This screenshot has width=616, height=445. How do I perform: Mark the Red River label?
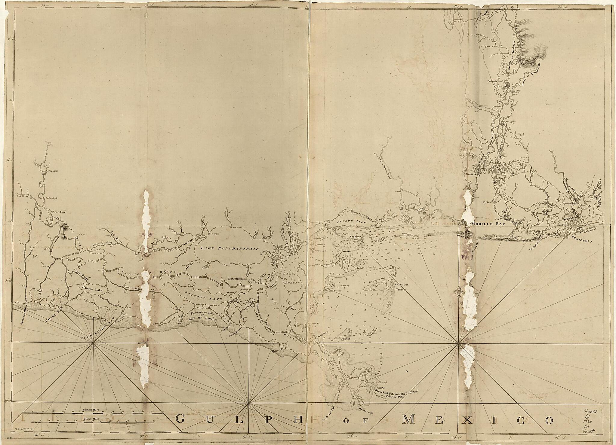pos(22,196)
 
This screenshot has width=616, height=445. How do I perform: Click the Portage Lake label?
pos(59,212)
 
